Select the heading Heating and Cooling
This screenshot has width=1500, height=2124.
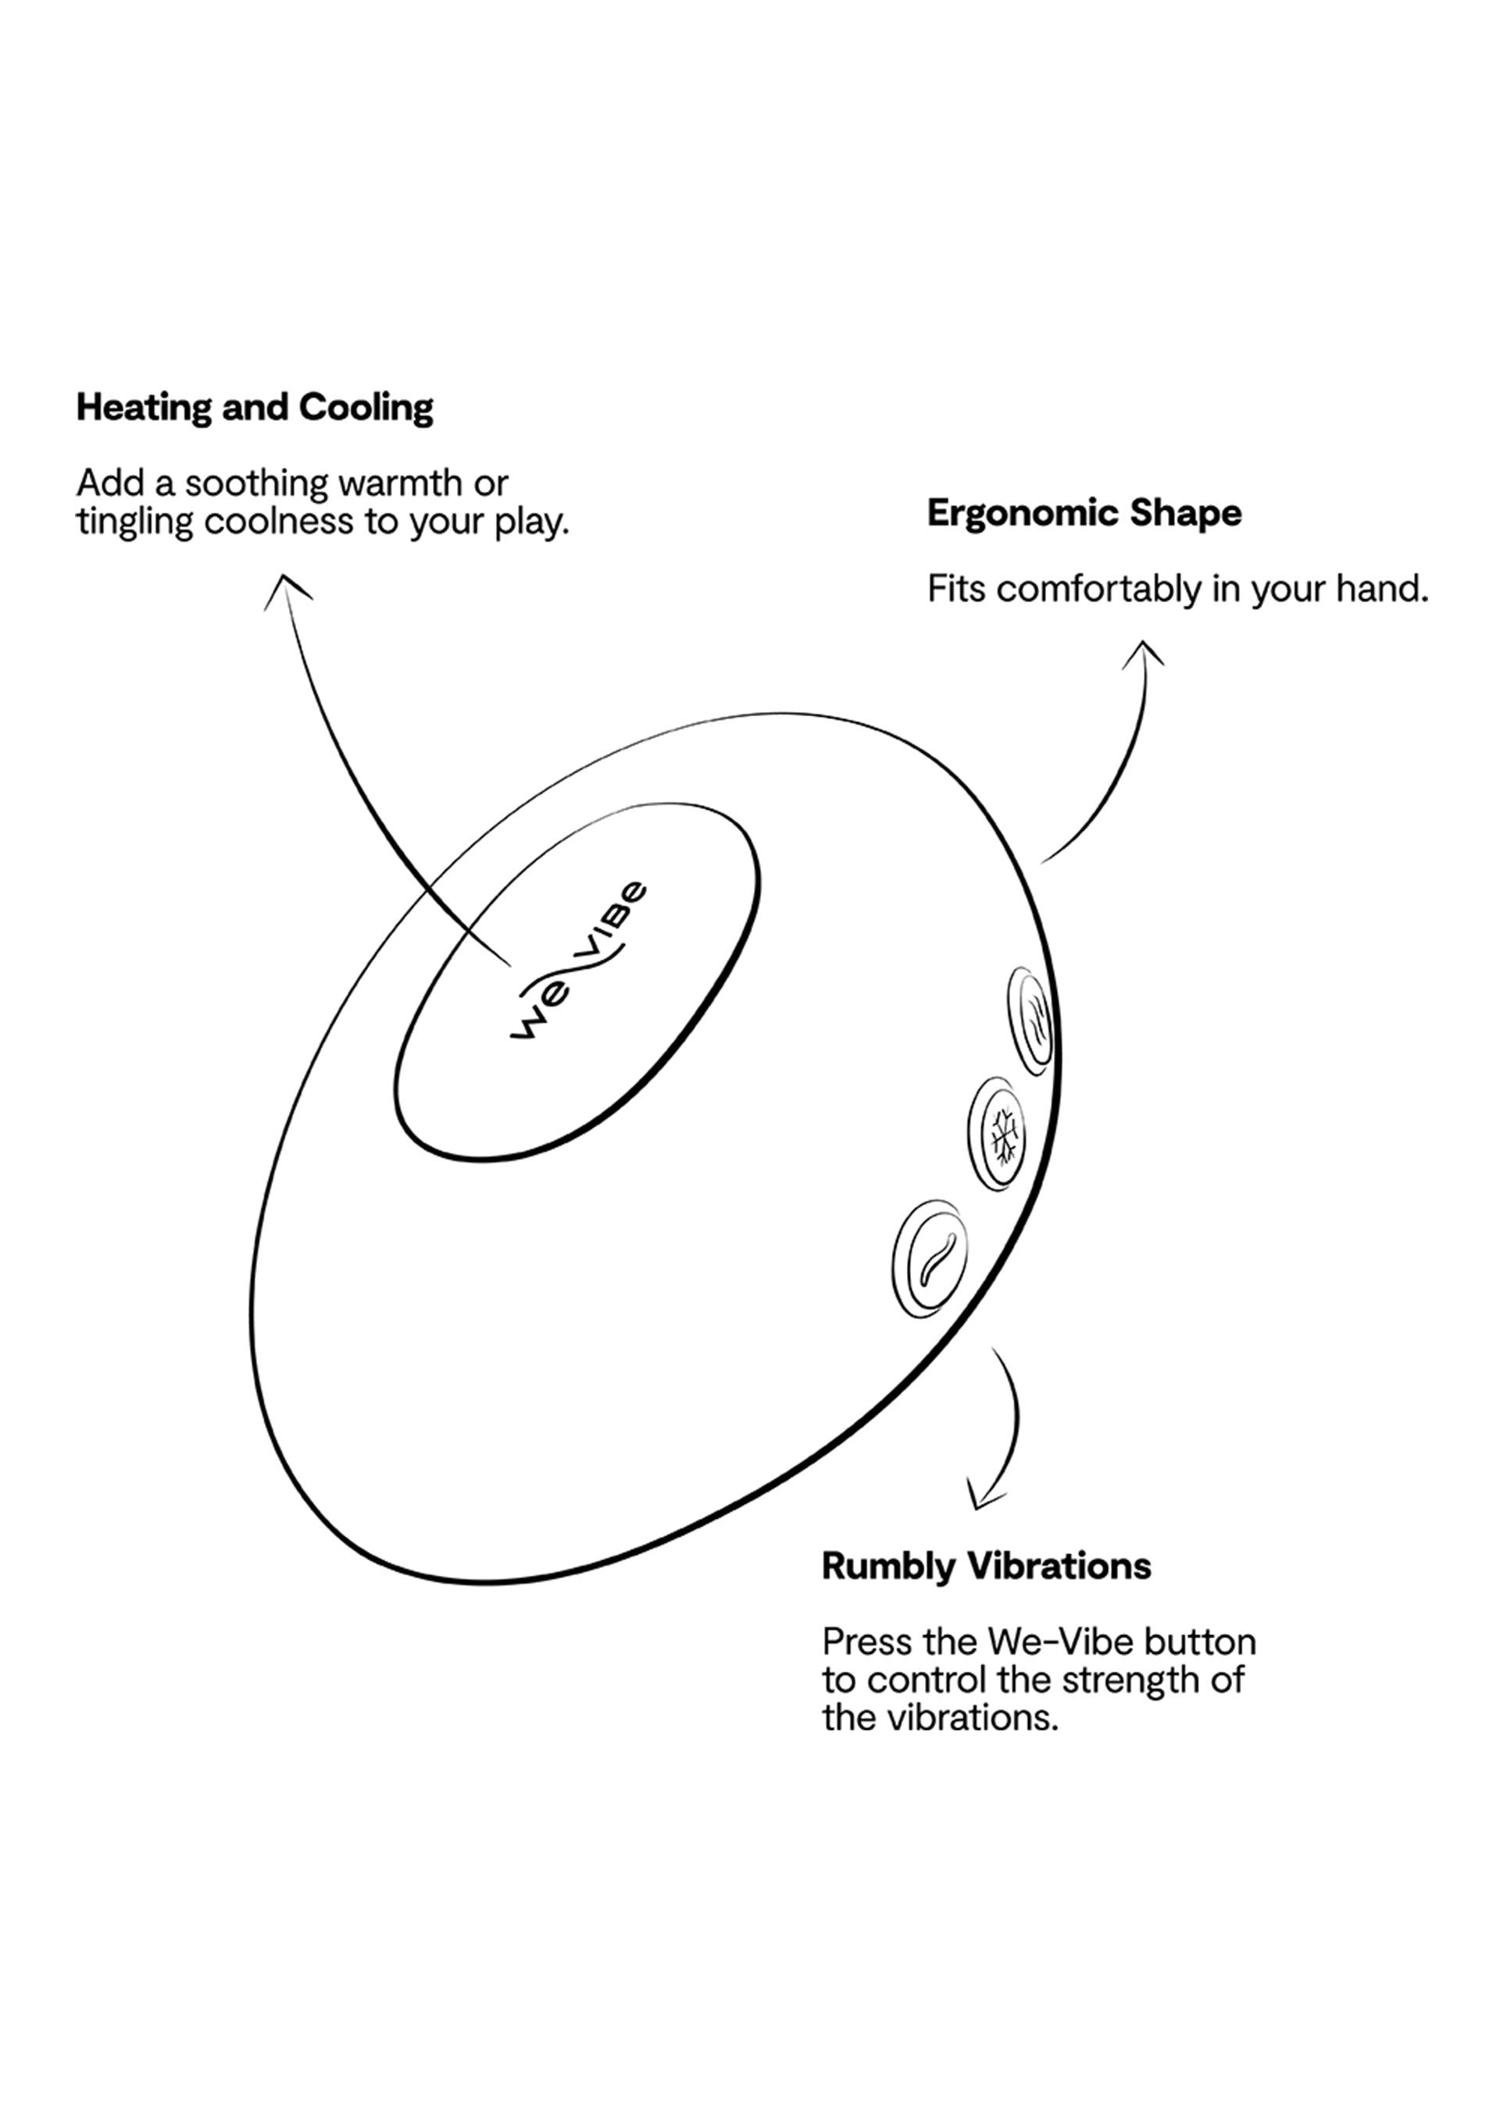tap(255, 407)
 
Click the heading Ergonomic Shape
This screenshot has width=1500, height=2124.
tap(1084, 512)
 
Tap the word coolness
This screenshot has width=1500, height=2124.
tap(280, 522)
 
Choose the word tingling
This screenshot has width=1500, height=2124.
tap(135, 522)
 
